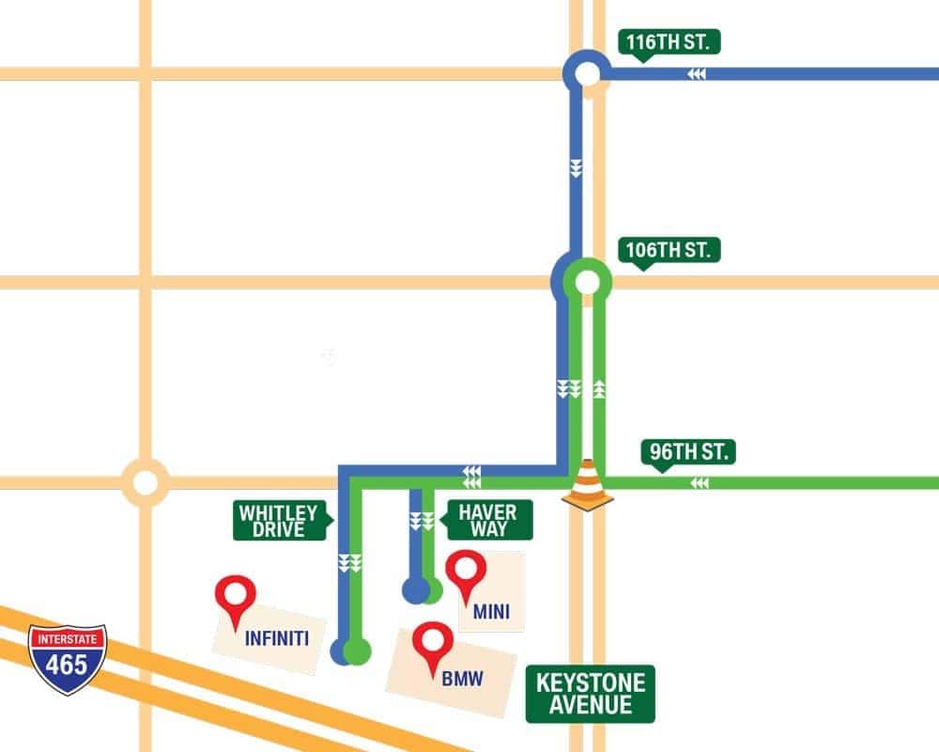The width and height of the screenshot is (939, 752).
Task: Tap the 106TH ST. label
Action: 669,251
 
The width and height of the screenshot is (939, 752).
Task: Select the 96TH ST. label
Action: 689,452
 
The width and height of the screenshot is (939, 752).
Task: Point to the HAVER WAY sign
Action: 488,520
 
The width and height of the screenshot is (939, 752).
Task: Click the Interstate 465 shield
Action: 68,659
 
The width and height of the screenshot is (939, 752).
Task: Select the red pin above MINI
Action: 466,573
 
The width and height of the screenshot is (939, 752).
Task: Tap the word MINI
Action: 491,613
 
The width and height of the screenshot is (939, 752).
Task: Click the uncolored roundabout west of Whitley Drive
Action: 146,482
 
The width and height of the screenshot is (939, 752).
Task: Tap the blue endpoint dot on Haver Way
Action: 414,590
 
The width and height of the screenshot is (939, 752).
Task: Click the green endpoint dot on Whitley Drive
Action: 357,650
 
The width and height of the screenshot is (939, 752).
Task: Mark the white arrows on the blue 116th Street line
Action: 696,74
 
